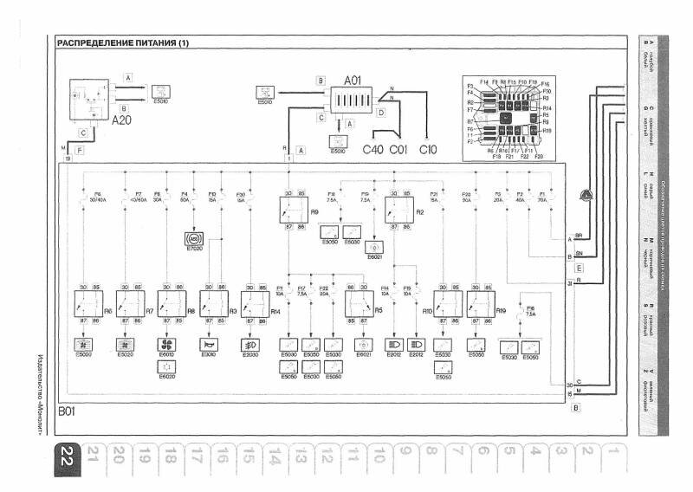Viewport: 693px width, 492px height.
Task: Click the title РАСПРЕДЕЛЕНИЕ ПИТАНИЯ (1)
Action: (122, 43)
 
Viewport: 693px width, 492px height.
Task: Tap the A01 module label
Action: (353, 81)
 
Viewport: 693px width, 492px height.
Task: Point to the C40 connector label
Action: (372, 149)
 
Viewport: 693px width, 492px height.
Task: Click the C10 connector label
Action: (428, 149)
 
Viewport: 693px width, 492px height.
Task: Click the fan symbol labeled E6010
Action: (167, 342)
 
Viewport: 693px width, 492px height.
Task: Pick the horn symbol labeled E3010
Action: (208, 342)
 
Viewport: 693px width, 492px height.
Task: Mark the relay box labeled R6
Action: (87, 304)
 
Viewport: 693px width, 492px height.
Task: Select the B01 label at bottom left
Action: (66, 412)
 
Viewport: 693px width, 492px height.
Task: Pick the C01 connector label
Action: (398, 149)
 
